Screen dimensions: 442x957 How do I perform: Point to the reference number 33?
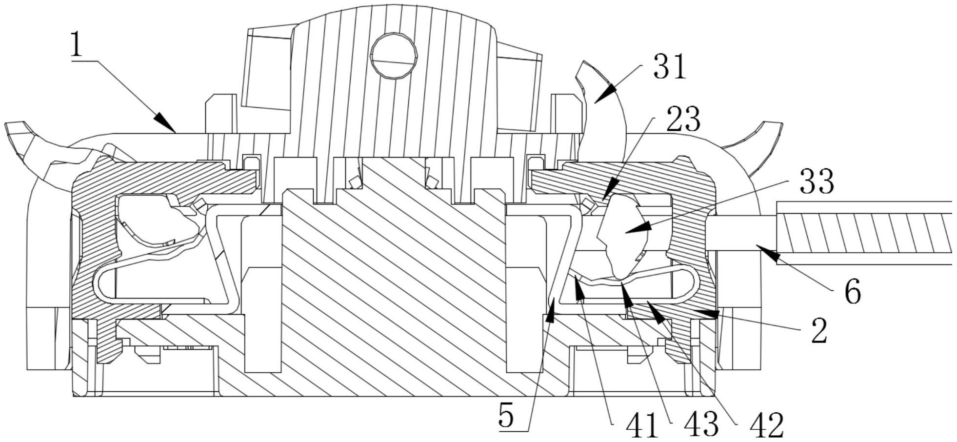[x=816, y=181]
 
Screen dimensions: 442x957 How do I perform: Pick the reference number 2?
[x=819, y=331]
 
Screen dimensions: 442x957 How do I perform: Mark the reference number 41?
[x=642, y=425]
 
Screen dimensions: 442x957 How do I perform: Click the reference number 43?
[x=701, y=425]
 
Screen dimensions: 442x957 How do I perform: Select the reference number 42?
[x=766, y=425]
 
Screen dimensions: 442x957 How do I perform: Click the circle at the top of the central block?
[x=394, y=56]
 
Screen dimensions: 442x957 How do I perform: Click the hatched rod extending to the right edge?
[x=863, y=233]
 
